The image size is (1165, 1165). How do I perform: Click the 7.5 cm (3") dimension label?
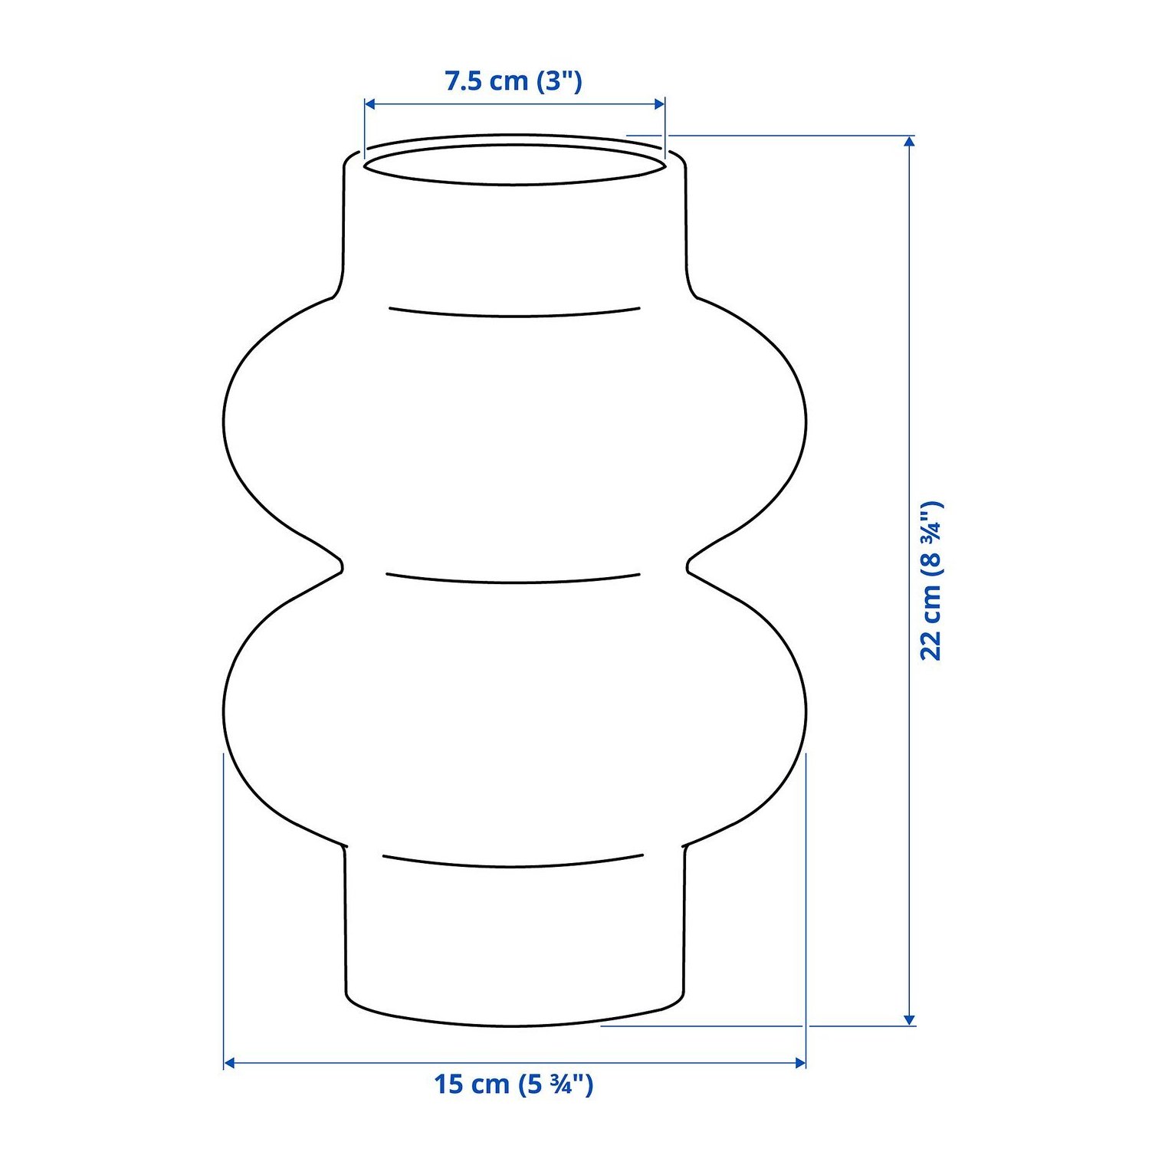pos(514,80)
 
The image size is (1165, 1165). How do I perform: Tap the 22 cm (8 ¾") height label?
pos(930,581)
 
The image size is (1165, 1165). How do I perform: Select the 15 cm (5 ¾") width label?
pos(514,1085)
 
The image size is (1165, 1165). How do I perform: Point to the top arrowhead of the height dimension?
pos(909,141)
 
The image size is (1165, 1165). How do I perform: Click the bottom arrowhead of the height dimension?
pos(909,1019)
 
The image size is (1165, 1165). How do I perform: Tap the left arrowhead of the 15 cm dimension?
pos(228,1063)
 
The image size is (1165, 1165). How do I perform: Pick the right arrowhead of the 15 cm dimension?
pos(800,1063)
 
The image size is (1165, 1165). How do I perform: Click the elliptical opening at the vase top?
pos(514,184)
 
